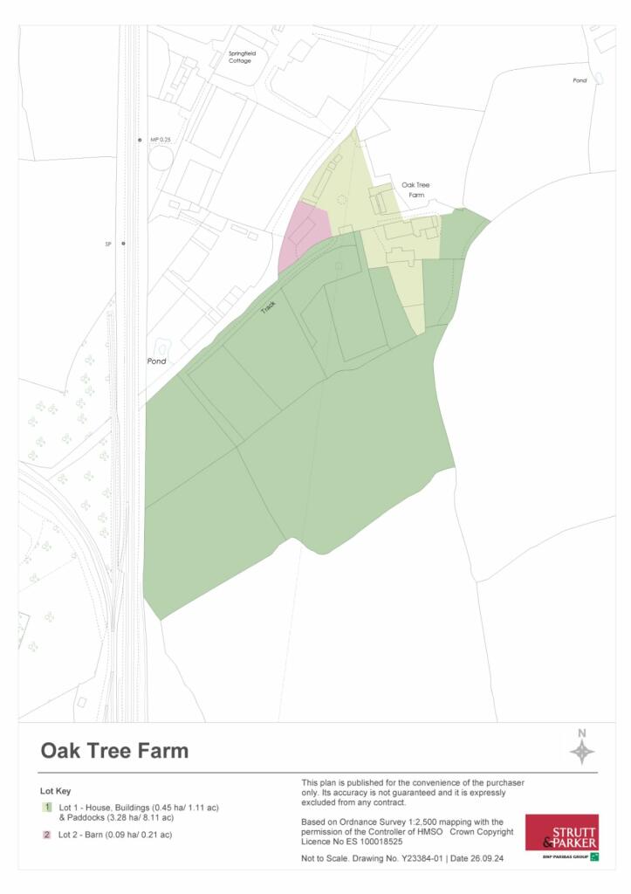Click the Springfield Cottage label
tap(240, 58)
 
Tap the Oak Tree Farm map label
tap(415, 190)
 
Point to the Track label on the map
tap(269, 306)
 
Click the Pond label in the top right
tap(580, 80)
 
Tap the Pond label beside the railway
tap(156, 361)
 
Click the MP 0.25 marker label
tap(160, 140)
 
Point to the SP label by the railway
tap(108, 244)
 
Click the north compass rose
tap(582, 750)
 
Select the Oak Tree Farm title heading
tap(114, 751)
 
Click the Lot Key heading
tap(58, 791)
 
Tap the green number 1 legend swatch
tap(47, 808)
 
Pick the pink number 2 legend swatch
tap(47, 836)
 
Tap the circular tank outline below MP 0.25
tap(161, 158)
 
